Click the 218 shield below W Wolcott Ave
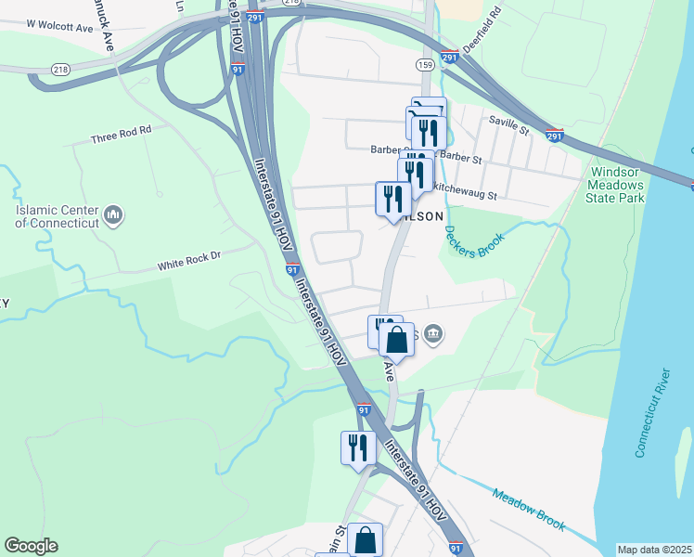click(61, 69)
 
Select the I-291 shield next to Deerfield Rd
click(449, 58)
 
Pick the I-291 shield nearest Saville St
click(555, 134)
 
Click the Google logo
click(31, 546)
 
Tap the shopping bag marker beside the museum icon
click(396, 340)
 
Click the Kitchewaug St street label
click(466, 196)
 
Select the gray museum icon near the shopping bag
click(433, 334)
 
